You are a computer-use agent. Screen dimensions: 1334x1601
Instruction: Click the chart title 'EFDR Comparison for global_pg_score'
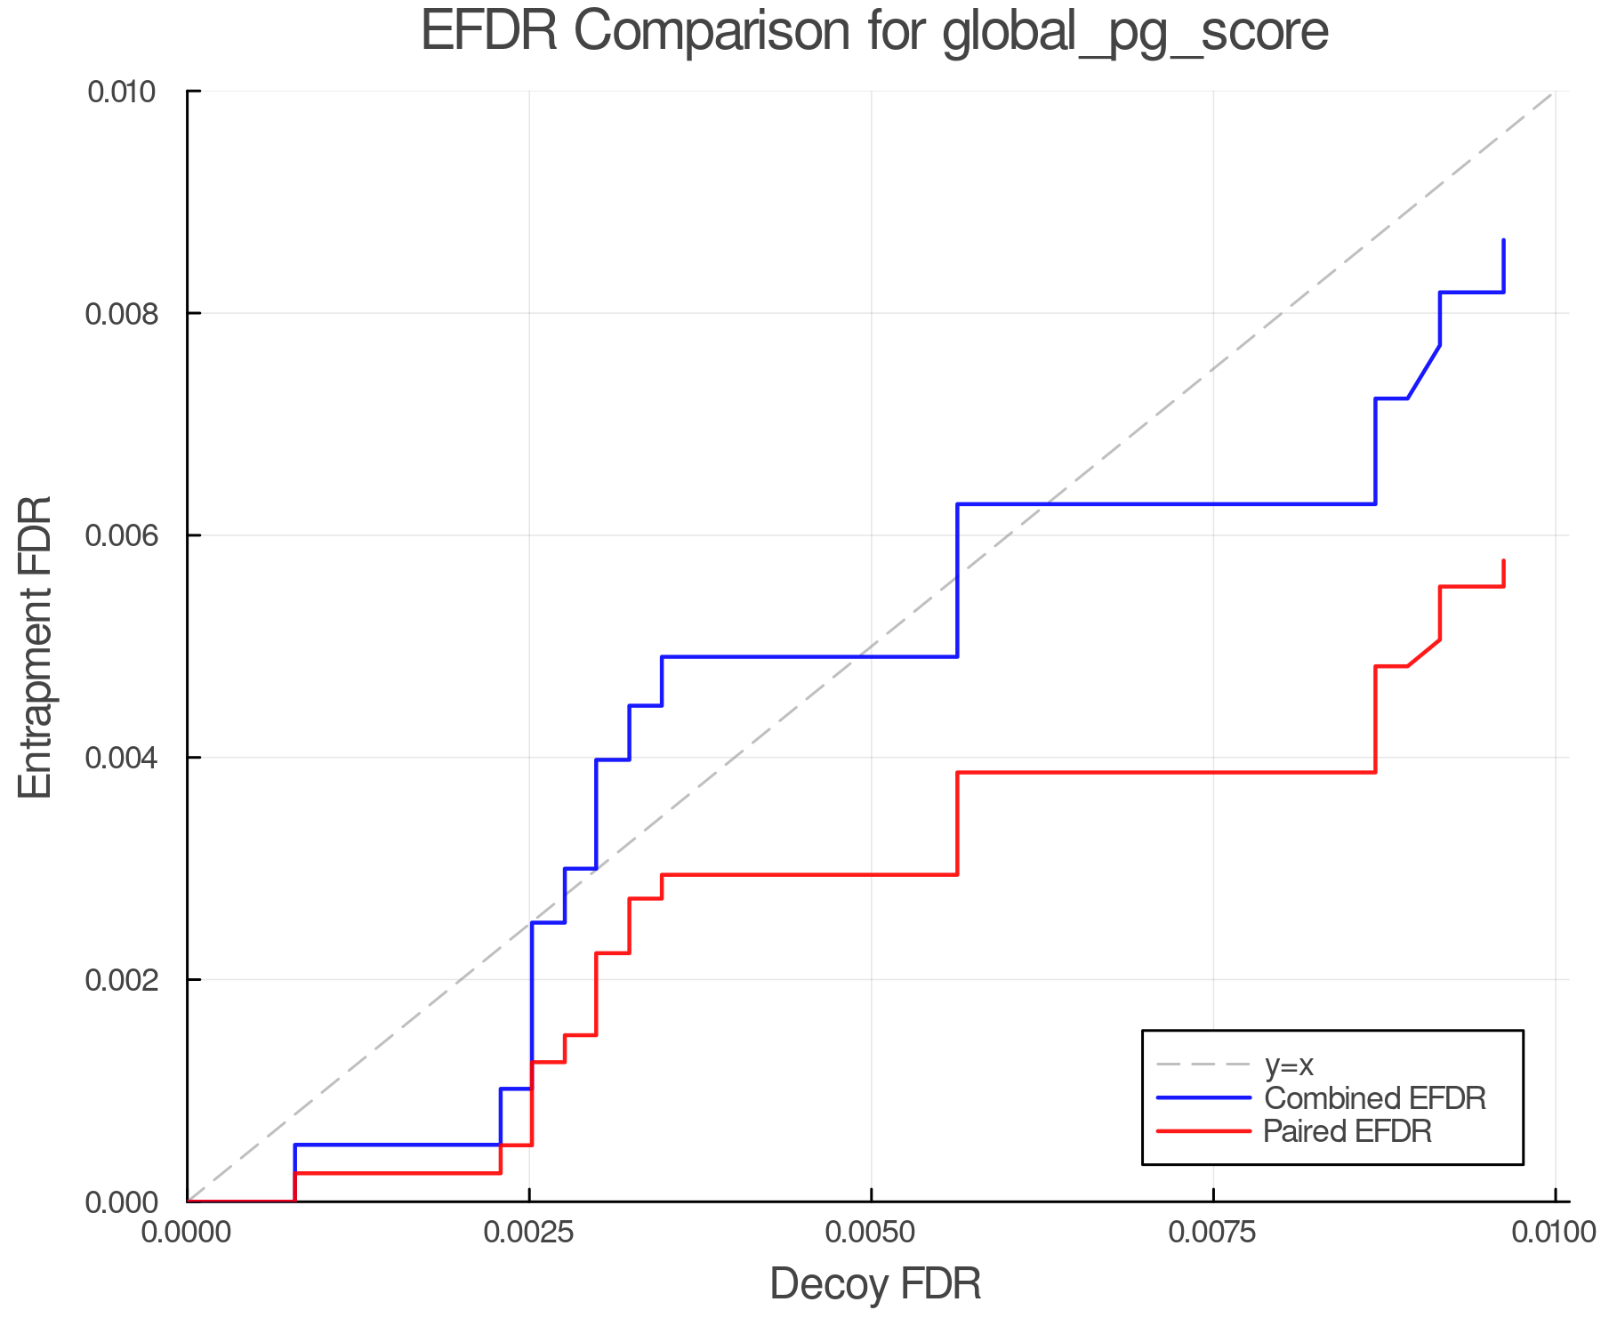point(874,32)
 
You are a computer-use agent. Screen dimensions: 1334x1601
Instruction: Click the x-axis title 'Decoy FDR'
point(875,1284)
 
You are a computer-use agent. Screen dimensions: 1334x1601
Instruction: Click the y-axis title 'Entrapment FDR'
point(36,647)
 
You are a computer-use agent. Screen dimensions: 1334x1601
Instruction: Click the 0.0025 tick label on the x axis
point(529,1233)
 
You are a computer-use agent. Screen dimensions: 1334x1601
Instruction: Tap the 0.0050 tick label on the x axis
point(871,1233)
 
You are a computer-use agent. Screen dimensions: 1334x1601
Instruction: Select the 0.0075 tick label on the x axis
point(1213,1233)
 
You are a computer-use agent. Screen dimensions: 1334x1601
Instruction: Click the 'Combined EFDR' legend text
point(1374,1098)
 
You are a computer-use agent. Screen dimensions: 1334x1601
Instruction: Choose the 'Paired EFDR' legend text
point(1348,1131)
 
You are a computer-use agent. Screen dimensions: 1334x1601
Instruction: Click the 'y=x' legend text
point(1289,1065)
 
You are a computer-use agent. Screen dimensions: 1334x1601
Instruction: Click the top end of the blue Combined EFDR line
point(1503,240)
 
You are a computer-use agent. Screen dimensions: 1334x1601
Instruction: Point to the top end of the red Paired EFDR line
point(1503,560)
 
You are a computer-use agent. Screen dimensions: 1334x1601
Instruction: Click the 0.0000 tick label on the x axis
point(187,1233)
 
